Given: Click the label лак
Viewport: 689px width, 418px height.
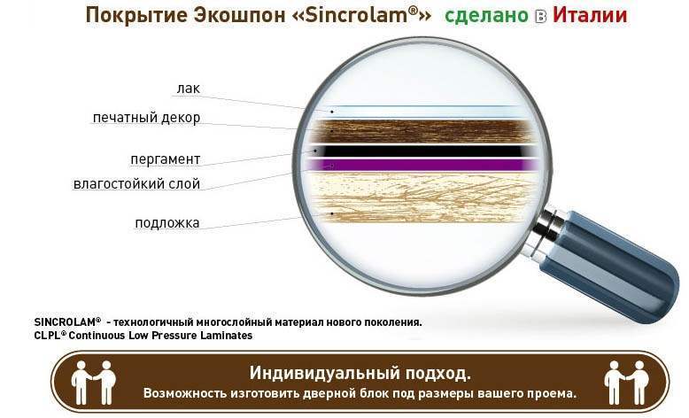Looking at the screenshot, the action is [x=188, y=89].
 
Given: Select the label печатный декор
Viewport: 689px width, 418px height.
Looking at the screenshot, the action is [x=146, y=118].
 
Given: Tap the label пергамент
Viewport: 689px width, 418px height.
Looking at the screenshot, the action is [x=166, y=159].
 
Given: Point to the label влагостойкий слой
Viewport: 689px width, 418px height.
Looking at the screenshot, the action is [x=136, y=183].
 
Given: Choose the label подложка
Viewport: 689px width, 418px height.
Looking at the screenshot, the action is [x=167, y=223].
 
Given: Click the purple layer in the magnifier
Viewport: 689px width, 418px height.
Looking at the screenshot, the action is [x=422, y=165].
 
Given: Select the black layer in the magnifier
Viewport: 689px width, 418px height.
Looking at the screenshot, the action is [x=422, y=151].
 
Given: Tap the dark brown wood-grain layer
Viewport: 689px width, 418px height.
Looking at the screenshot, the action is [x=422, y=131].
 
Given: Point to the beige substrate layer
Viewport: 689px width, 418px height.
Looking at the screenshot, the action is [x=422, y=197].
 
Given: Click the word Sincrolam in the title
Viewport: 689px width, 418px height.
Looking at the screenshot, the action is [x=361, y=15].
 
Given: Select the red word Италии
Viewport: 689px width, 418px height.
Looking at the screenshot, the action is [x=589, y=15].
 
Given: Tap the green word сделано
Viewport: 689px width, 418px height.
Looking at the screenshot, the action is [x=486, y=16].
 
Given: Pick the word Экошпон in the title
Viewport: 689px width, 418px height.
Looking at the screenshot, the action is [x=239, y=15].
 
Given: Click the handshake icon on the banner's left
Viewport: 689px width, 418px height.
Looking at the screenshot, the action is [x=93, y=383].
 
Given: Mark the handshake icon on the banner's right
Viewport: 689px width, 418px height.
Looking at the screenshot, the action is [x=626, y=383].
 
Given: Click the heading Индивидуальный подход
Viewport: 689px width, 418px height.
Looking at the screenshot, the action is [x=360, y=373].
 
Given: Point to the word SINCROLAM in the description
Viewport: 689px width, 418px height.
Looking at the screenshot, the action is [x=67, y=321].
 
